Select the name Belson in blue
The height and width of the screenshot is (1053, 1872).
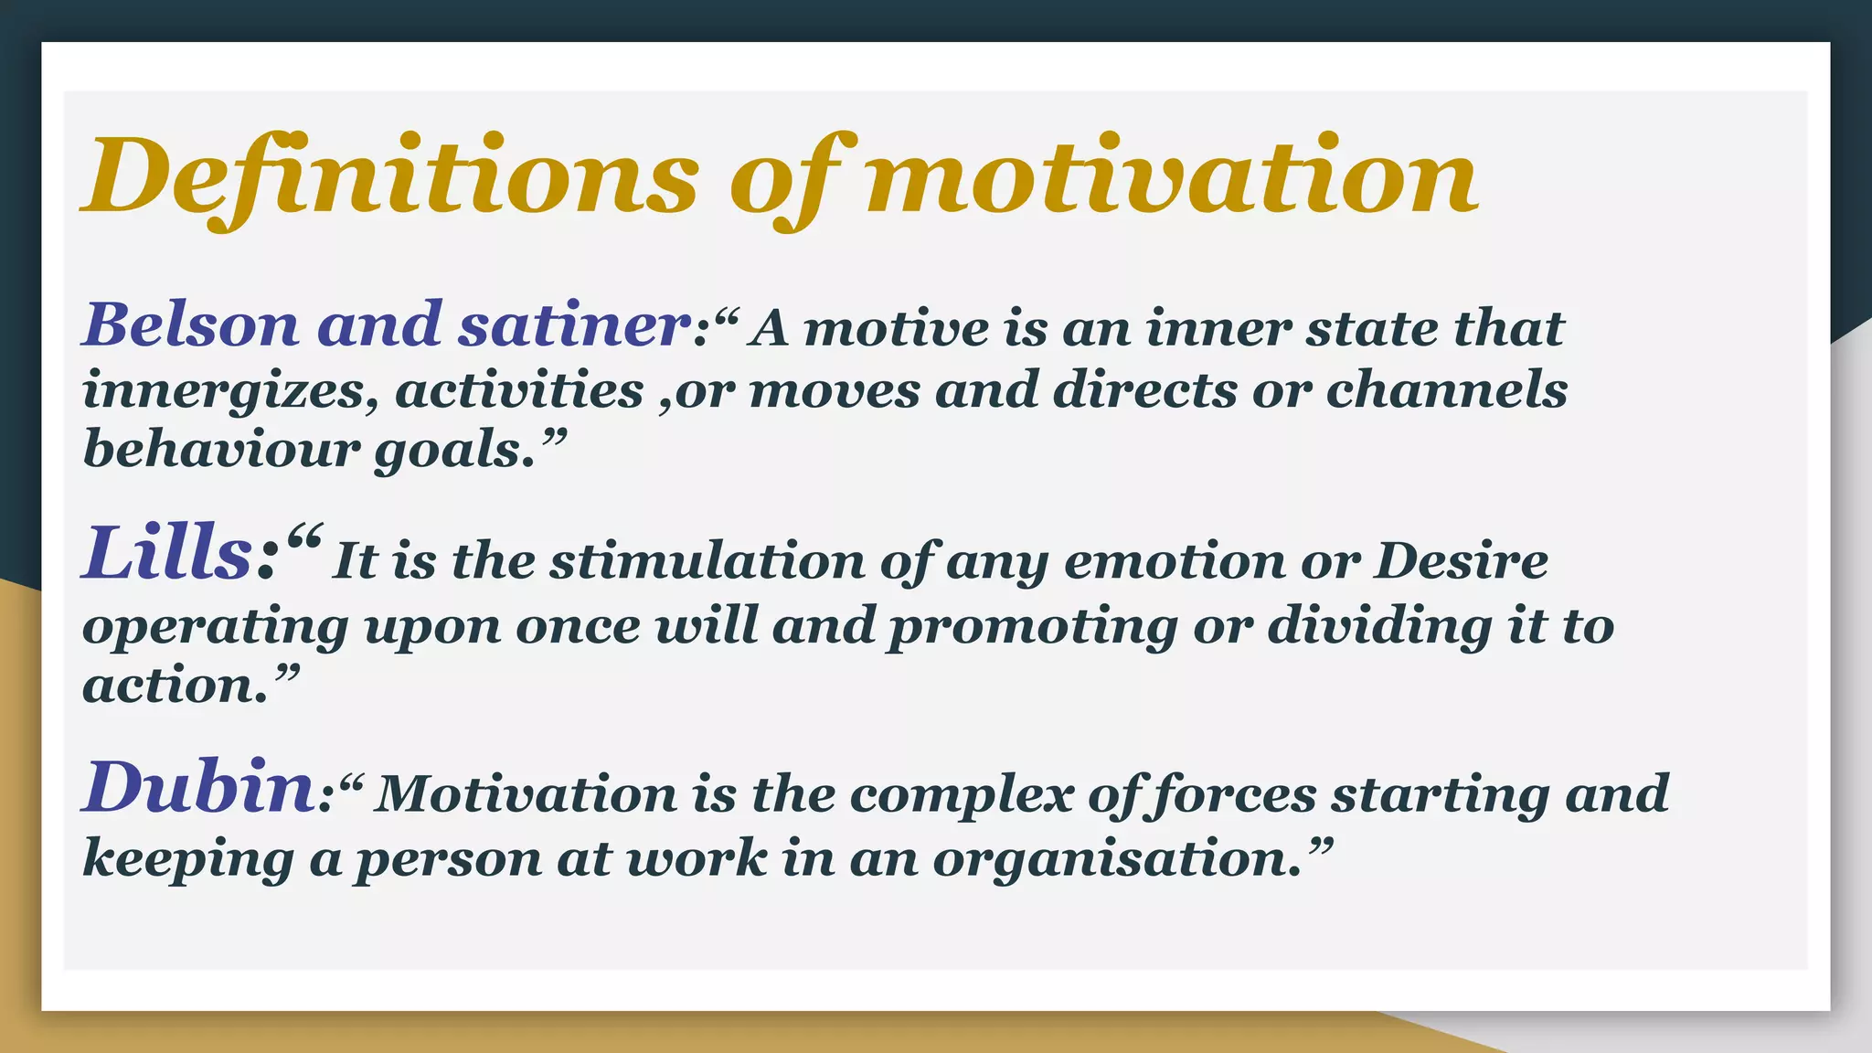[191, 324]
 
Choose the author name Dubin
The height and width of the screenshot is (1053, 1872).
[199, 788]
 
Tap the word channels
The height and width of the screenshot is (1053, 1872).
[1446, 389]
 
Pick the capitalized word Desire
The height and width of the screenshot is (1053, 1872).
[1462, 560]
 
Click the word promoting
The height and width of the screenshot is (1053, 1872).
[1033, 627]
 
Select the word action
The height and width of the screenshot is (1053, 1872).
[176, 686]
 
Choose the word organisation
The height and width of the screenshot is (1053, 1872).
[1116, 859]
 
